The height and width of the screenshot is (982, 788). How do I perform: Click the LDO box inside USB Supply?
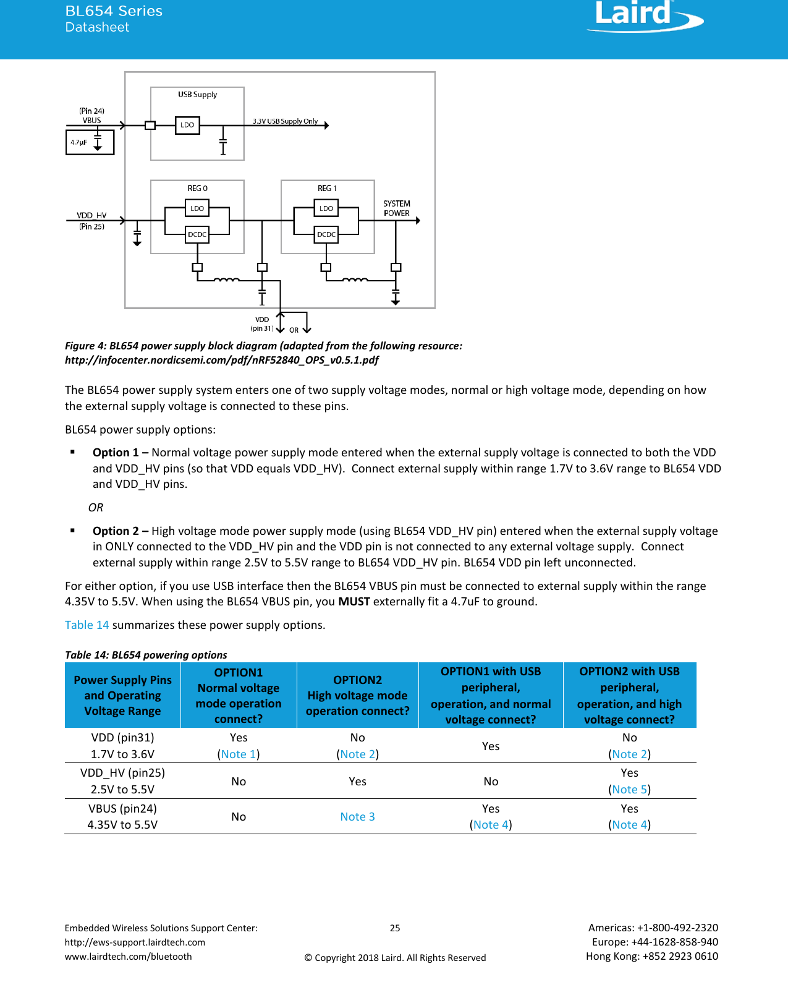click(x=187, y=125)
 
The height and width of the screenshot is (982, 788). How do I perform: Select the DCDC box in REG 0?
click(x=197, y=234)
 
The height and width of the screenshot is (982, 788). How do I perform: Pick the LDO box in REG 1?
click(x=326, y=208)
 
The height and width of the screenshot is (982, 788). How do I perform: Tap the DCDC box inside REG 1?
click(x=326, y=234)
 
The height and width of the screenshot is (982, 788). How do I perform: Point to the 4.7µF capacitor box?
click(x=90, y=142)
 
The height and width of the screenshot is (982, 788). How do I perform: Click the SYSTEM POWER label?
click(x=396, y=208)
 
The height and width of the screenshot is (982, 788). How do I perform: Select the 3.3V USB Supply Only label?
click(x=285, y=121)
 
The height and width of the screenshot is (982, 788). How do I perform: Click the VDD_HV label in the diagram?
click(x=91, y=215)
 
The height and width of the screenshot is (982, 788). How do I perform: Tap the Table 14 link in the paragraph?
click(x=87, y=625)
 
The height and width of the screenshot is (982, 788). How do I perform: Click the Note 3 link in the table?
click(x=357, y=816)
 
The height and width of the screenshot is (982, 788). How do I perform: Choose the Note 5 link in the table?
click(x=629, y=789)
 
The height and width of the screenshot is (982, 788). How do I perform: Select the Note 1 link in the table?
click(x=239, y=754)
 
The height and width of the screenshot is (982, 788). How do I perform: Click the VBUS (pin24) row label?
click(x=122, y=808)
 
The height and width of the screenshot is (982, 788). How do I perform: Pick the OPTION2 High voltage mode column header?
click(x=357, y=695)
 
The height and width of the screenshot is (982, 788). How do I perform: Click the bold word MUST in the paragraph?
click(x=354, y=601)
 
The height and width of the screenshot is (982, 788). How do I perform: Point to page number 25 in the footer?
click(x=395, y=928)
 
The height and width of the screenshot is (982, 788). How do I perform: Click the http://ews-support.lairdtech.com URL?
click(x=135, y=942)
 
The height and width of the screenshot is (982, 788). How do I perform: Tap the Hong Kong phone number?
click(x=652, y=956)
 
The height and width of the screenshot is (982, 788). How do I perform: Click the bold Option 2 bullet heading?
click(x=116, y=531)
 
